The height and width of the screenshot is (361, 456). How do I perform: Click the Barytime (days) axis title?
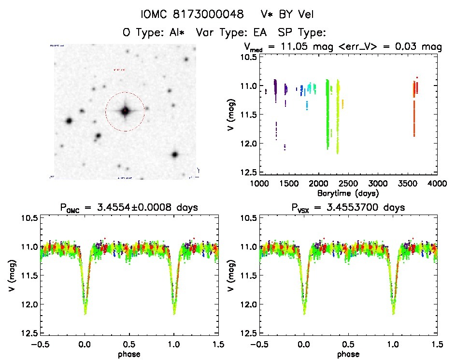tap(348, 192)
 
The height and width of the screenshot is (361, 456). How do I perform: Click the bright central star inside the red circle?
tap(125, 111)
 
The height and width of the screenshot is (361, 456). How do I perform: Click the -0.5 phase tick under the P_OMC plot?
tap(41, 344)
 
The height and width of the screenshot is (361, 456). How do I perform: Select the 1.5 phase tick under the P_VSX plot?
tap(436, 344)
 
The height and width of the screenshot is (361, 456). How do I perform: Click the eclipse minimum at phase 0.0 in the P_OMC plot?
tap(85, 313)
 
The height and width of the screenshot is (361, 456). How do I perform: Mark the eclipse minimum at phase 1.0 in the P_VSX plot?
tap(392, 313)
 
